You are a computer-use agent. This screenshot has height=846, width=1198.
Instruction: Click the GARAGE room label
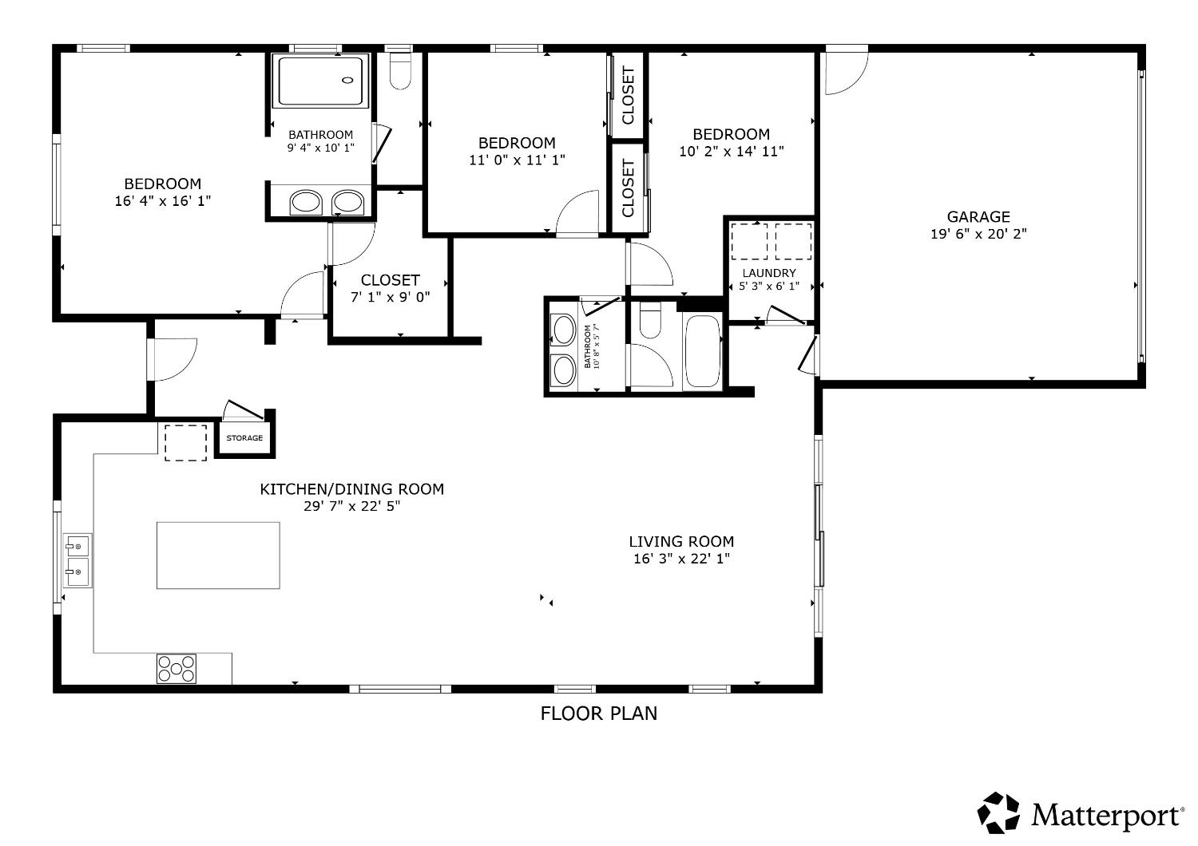pyautogui.click(x=978, y=216)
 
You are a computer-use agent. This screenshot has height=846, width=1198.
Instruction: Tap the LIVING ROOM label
pyautogui.click(x=681, y=541)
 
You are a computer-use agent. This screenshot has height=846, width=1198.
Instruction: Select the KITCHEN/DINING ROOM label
pyautogui.click(x=352, y=489)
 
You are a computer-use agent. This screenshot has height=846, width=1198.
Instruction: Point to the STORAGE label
pyautogui.click(x=244, y=437)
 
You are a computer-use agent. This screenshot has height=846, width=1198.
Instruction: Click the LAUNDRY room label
pyautogui.click(x=769, y=273)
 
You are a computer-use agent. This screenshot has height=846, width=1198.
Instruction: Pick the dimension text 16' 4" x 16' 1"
pyautogui.click(x=163, y=201)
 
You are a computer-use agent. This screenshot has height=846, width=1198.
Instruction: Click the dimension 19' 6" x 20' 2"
pyautogui.click(x=978, y=234)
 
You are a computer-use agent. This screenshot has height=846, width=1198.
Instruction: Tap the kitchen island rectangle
pyautogui.click(x=218, y=555)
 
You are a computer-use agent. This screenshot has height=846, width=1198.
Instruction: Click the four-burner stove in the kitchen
pyautogui.click(x=176, y=669)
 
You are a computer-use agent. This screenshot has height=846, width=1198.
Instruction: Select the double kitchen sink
pyautogui.click(x=77, y=560)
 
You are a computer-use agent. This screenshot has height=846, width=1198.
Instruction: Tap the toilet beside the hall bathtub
pyautogui.click(x=650, y=319)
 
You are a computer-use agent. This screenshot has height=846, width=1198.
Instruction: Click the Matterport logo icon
pyautogui.click(x=998, y=812)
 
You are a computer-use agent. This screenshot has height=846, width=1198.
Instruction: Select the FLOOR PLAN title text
pyautogui.click(x=598, y=714)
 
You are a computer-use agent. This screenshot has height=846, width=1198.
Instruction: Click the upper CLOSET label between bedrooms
pyautogui.click(x=628, y=96)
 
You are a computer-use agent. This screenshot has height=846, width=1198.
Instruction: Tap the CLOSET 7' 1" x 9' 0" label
pyautogui.click(x=391, y=288)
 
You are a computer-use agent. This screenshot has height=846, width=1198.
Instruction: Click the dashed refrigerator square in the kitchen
pyautogui.click(x=185, y=442)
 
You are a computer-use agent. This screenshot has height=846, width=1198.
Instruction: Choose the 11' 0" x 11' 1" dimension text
pyautogui.click(x=518, y=160)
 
